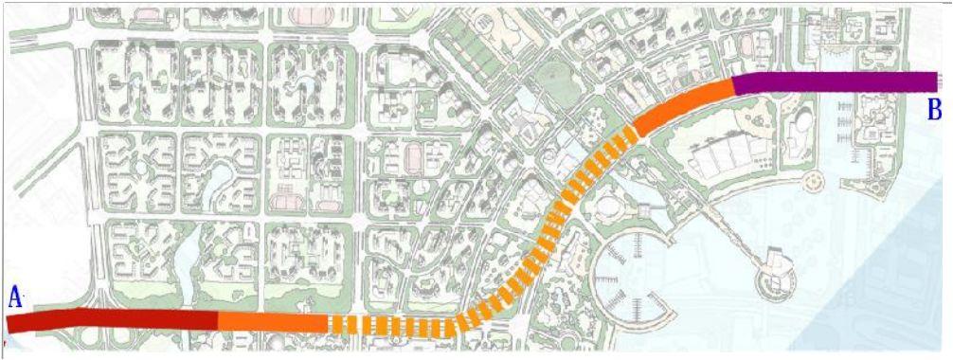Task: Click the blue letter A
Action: [x=14, y=297]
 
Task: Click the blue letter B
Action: [x=934, y=110]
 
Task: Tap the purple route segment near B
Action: [x=834, y=82]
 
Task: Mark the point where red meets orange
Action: [x=218, y=322]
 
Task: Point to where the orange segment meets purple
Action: [x=734, y=85]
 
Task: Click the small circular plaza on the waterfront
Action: [x=812, y=179]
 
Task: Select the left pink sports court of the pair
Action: [x=285, y=200]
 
